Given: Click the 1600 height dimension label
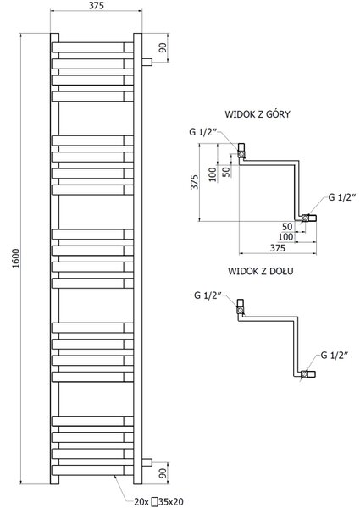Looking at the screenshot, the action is click(16, 258).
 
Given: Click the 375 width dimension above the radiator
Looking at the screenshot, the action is click(97, 6).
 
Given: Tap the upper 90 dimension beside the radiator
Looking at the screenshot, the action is click(163, 47).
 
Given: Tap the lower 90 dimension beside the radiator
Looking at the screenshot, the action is click(163, 473).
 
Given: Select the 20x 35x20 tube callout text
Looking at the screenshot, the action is click(158, 502).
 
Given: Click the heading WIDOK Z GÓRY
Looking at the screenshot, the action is click(258, 114).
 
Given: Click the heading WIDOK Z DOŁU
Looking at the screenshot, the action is click(261, 271).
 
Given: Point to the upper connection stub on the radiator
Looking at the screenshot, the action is click(147, 62).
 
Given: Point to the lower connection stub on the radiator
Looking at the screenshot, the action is click(147, 462).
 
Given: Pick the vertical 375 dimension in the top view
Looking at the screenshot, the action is click(194, 182).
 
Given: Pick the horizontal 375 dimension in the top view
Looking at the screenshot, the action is click(278, 248).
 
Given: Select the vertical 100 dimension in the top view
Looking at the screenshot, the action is click(213, 174).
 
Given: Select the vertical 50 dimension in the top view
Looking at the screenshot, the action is click(227, 171).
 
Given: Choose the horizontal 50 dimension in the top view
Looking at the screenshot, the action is click(287, 226).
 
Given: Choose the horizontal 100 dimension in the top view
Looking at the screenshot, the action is click(285, 237).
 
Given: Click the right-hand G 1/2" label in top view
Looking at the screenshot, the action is click(342, 197).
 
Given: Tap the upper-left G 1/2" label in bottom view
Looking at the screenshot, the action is click(208, 295).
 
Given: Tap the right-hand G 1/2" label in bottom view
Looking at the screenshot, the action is click(334, 356).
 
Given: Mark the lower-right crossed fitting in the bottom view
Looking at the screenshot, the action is click(305, 374).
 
